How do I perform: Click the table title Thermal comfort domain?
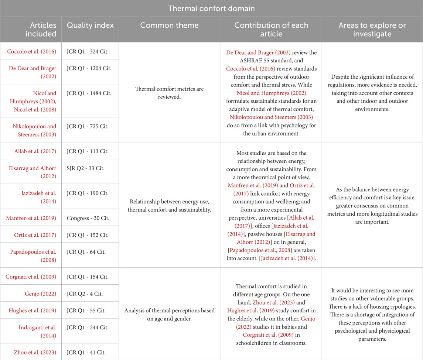(x=211, y=8)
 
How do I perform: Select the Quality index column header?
(x=90, y=25)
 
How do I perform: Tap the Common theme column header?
(x=170, y=25)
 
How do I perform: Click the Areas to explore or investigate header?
(x=372, y=30)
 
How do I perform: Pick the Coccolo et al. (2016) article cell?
(x=31, y=51)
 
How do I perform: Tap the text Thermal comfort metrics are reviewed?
(x=170, y=93)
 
